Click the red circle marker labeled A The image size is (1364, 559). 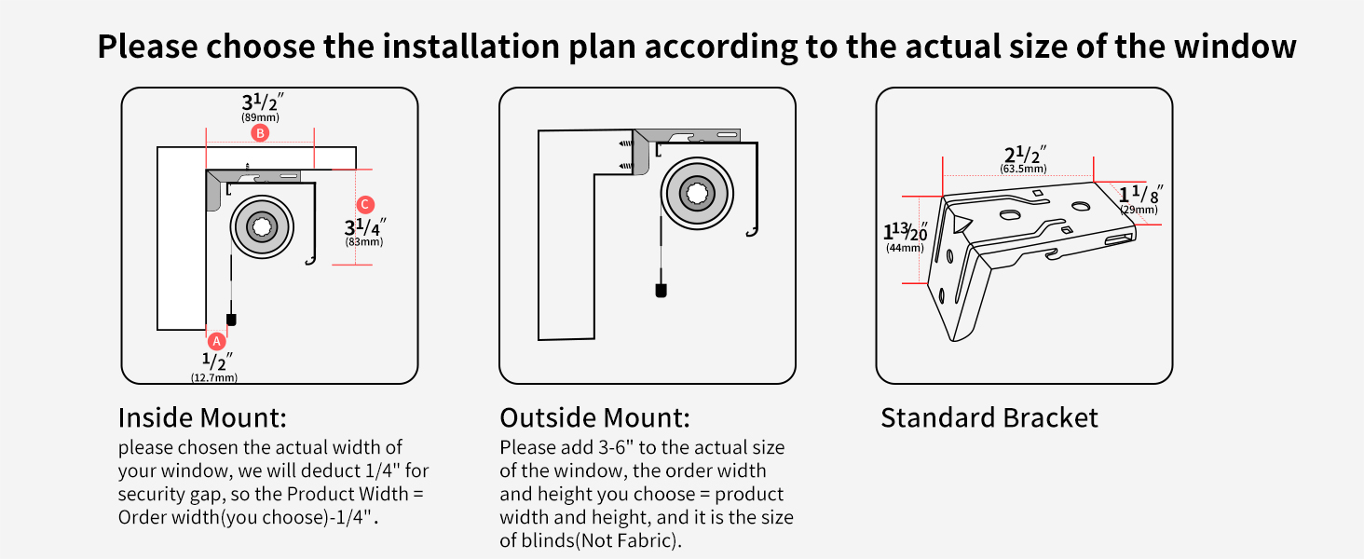(x=216, y=341)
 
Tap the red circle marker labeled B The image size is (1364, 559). (x=260, y=133)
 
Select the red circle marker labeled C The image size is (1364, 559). (x=365, y=204)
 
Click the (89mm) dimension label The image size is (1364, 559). (x=260, y=118)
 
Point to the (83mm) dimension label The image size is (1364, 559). (x=364, y=242)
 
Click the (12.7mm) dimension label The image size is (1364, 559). (x=214, y=377)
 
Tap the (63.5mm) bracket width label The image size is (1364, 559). (x=1023, y=169)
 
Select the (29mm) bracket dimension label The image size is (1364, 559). (x=1139, y=211)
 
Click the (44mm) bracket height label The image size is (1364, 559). (x=905, y=248)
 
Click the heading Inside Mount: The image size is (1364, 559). (x=201, y=416)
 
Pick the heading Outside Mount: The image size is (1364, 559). (x=594, y=416)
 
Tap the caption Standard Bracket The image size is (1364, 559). (x=989, y=417)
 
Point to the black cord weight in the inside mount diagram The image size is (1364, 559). (x=232, y=319)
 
